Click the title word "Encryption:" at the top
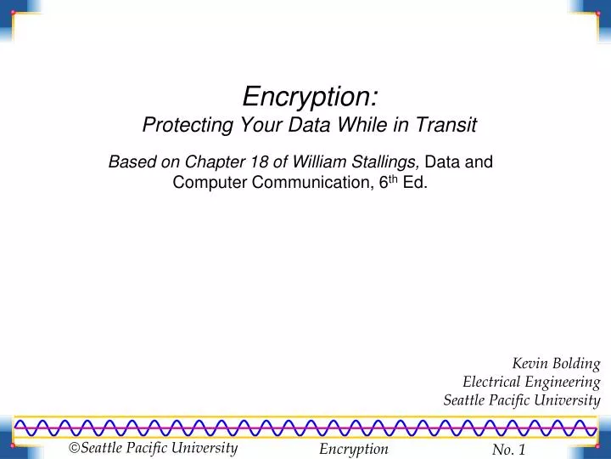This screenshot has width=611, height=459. pos(311,93)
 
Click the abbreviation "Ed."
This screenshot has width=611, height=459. pos(415,182)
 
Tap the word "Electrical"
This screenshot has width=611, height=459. pos(493,382)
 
